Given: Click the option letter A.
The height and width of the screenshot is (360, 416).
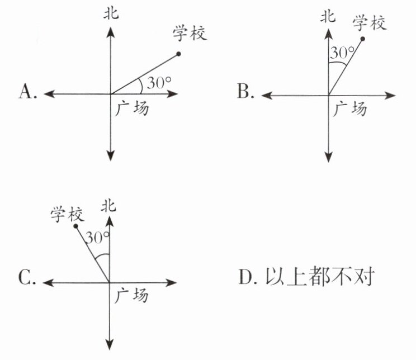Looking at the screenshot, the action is click(26, 92).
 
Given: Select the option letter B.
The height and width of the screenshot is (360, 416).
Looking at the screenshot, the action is click(244, 92).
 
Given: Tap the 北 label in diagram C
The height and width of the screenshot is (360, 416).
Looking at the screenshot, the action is click(109, 207).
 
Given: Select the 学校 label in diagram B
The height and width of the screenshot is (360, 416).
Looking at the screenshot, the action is click(370, 23).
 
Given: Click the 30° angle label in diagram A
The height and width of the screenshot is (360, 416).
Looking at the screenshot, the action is click(158, 83).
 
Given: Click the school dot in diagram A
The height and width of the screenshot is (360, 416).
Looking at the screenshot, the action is click(178, 54).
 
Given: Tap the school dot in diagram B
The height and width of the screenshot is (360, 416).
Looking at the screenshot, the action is click(362, 39).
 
